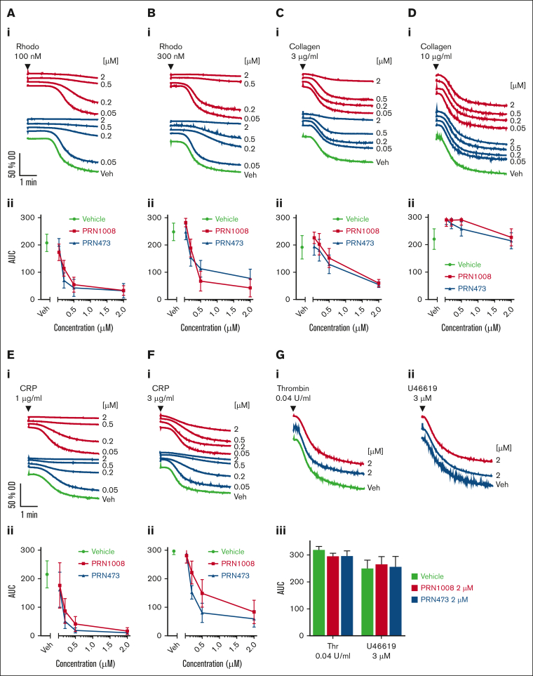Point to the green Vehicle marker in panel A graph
[x=47, y=243]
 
